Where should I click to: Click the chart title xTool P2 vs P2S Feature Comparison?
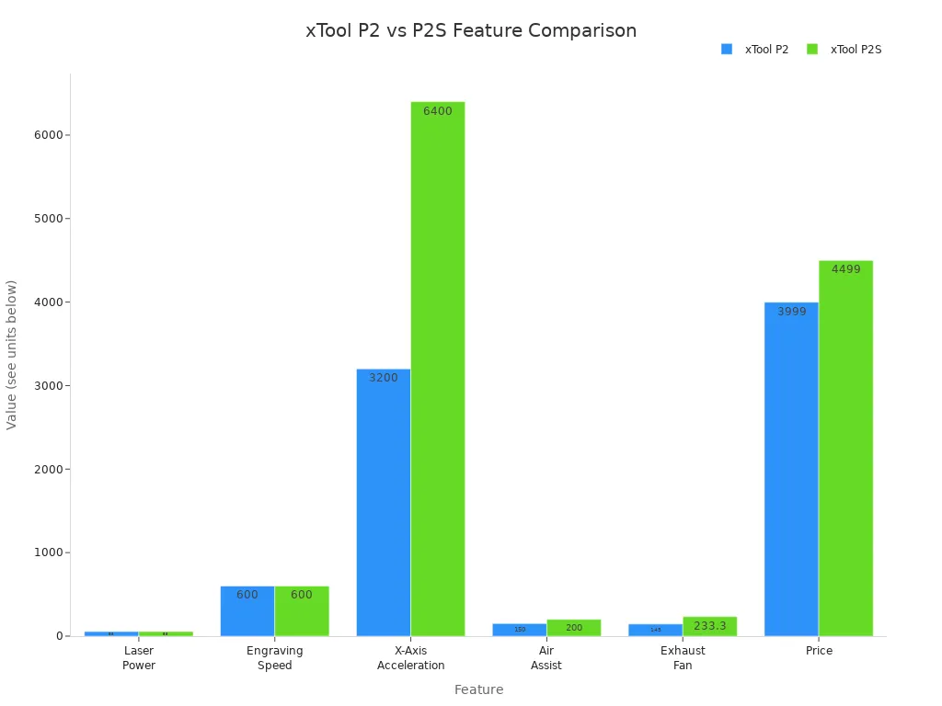pyautogui.click(x=471, y=31)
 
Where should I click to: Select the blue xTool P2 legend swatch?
pyautogui.click(x=727, y=50)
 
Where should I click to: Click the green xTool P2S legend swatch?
pyautogui.click(x=812, y=50)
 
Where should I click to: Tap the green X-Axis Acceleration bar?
pyautogui.click(x=438, y=369)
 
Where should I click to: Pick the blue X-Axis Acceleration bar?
pyautogui.click(x=384, y=502)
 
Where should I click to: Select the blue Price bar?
pyautogui.click(x=791, y=469)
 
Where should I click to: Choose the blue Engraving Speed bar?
pyautogui.click(x=247, y=610)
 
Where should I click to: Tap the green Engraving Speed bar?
pyautogui.click(x=302, y=610)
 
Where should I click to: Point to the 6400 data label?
pyautogui.click(x=438, y=111)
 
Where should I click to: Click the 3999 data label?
pyautogui.click(x=791, y=312)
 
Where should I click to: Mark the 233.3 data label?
pyautogui.click(x=709, y=626)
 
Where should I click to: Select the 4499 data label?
pyautogui.click(x=845, y=269)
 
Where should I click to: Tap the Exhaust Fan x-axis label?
pyautogui.click(x=683, y=658)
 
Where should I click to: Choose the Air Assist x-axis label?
pyautogui.click(x=546, y=658)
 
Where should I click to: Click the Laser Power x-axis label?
pyautogui.click(x=139, y=658)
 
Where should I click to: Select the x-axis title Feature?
pyautogui.click(x=478, y=689)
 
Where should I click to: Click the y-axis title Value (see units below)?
pyautogui.click(x=12, y=355)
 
